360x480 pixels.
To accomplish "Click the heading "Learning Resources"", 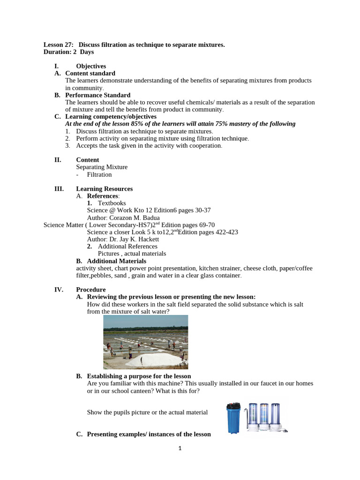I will click(104, 189).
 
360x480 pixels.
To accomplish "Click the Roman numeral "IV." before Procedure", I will click(59, 290).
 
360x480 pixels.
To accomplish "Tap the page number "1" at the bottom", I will click(180, 448).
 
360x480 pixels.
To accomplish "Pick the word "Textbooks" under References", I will click(112, 203).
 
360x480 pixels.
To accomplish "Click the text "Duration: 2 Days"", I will click(68, 52).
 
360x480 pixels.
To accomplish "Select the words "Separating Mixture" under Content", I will click(102, 167).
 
